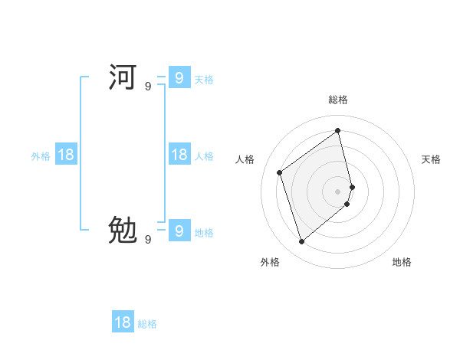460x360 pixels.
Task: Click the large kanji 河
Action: click(123, 78)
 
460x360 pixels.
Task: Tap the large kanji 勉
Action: click(123, 230)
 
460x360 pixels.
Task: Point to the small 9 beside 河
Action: click(148, 87)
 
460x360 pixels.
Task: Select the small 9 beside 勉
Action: click(148, 240)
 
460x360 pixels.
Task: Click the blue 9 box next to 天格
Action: click(179, 78)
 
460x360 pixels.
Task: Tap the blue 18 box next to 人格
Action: click(179, 155)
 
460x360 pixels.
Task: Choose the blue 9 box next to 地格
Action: click(179, 230)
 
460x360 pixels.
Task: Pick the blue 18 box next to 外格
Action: click(66, 155)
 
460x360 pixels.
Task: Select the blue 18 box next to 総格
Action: click(123, 322)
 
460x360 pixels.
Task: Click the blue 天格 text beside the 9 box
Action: click(204, 80)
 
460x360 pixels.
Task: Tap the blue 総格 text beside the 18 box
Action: click(147, 324)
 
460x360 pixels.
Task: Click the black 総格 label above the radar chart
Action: click(338, 100)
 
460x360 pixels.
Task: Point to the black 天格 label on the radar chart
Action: click(431, 159)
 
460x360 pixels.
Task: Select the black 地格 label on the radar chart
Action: click(402, 262)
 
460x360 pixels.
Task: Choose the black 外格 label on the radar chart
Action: click(270, 262)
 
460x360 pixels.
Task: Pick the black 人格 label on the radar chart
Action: click(245, 159)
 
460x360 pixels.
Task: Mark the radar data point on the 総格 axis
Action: click(338, 130)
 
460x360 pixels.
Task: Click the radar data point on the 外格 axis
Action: click(301, 242)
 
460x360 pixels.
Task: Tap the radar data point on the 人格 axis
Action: click(280, 172)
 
